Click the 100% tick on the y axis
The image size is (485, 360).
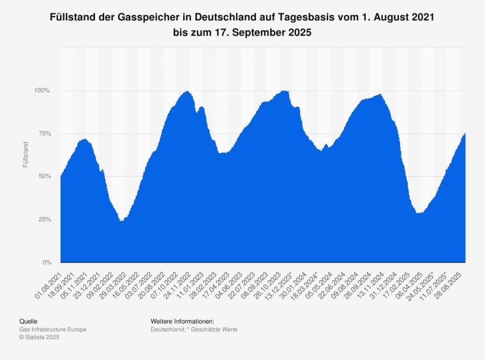click(42, 90)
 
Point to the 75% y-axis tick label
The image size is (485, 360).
click(43, 133)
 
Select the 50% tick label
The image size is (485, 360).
click(43, 176)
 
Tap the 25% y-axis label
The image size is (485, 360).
click(43, 220)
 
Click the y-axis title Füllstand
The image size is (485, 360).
click(26, 155)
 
